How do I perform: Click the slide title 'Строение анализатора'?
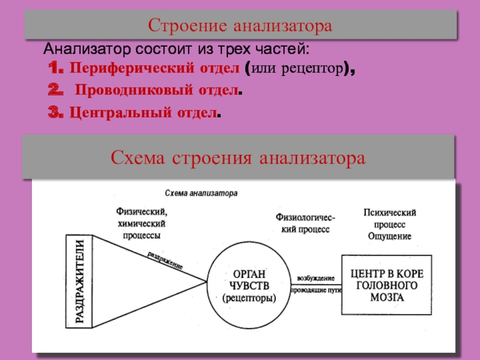pyautogui.click(x=240, y=26)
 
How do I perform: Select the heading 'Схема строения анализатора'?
pyautogui.click(x=238, y=158)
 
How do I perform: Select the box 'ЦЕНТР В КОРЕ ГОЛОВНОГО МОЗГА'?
pyautogui.click(x=386, y=284)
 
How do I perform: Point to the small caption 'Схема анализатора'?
pyautogui.click(x=201, y=194)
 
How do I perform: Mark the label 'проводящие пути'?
pyautogui.click(x=316, y=290)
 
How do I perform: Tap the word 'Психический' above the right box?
pyautogui.click(x=389, y=214)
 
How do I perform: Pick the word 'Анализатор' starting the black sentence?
pyautogui.click(x=76, y=48)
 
